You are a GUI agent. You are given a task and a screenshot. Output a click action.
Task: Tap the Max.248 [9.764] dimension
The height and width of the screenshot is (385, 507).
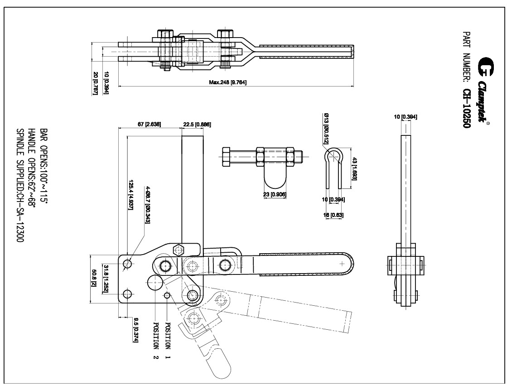[227, 82]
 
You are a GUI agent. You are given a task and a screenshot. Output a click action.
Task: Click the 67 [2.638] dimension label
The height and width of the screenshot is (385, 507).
[149, 124]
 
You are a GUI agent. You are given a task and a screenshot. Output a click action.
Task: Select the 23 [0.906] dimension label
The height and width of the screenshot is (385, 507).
[275, 195]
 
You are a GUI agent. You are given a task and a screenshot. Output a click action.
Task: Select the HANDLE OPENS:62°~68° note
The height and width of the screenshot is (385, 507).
[32, 167]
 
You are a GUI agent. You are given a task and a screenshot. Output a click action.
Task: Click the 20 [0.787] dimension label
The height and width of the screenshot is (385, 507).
[96, 83]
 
